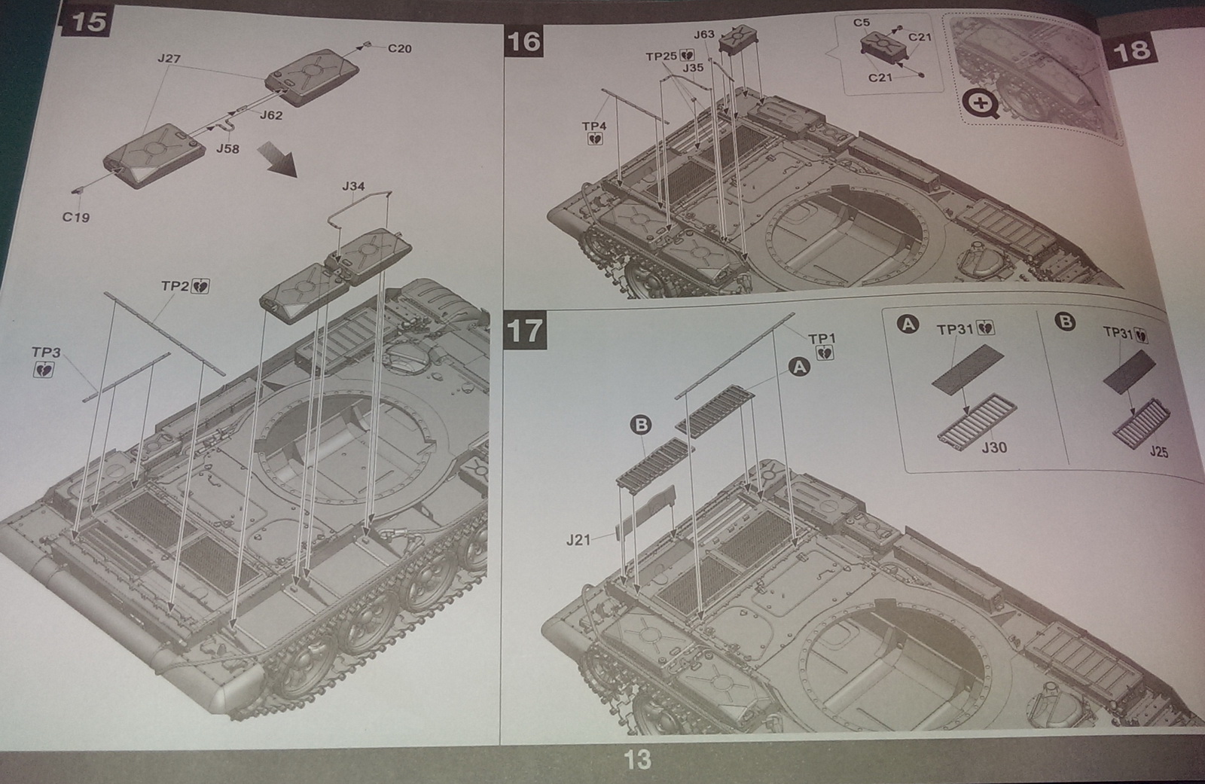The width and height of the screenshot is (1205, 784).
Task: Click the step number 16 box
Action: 523,41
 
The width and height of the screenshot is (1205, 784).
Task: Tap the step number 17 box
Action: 524,331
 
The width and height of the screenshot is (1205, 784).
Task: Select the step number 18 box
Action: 1130,50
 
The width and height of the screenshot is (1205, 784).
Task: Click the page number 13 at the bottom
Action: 637,759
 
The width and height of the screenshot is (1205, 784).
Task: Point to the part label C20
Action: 399,49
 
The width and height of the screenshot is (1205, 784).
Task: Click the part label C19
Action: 75,218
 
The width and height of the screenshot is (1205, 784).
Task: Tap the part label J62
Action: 271,115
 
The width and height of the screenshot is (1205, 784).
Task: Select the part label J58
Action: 227,149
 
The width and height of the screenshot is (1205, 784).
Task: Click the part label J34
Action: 353,186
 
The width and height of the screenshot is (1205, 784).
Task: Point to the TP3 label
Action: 46,352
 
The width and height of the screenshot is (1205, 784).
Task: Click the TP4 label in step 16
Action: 594,126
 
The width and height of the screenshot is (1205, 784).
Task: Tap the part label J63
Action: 704,35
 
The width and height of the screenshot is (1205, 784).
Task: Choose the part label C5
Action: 862,23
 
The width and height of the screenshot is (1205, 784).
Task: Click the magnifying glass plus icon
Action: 982,104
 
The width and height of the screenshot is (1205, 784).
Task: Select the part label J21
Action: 578,540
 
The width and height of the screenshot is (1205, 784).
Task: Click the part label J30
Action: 994,447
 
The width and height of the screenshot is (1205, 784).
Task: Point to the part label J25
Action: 1158,452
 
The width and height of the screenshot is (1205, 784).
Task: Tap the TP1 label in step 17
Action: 822,339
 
